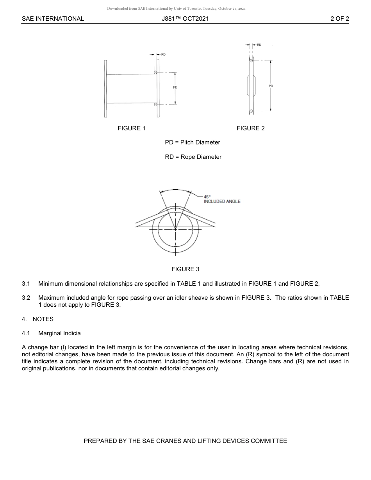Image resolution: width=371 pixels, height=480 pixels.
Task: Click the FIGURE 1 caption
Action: coord(132,128)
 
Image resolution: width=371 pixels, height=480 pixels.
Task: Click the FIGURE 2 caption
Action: coord(251,128)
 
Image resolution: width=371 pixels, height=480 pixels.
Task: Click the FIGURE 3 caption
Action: coord(185,269)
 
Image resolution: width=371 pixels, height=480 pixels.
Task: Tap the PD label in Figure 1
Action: coord(175,87)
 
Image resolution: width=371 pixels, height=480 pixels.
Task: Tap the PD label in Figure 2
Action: coord(271,86)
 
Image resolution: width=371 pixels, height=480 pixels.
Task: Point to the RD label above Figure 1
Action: coord(163,55)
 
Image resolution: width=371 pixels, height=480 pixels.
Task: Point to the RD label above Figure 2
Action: coord(259,45)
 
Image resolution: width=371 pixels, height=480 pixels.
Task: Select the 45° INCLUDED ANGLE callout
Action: coord(222,199)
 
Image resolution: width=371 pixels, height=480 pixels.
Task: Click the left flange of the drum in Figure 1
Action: coord(105,88)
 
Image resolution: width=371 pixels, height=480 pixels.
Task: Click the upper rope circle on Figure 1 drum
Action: coord(155,73)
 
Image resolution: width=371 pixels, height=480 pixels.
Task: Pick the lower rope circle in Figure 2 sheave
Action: coord(251,112)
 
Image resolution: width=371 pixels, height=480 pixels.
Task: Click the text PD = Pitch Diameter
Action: coord(193,142)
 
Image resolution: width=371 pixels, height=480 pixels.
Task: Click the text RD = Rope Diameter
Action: coord(193,157)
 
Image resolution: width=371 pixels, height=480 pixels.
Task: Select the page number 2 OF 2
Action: coord(339,18)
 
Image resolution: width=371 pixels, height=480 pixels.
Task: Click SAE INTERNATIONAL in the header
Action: coord(53,18)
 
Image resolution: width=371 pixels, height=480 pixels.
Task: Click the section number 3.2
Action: coord(26,298)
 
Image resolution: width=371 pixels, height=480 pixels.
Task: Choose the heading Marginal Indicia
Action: coord(59,333)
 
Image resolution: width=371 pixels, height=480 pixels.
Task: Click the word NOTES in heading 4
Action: coord(43,319)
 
